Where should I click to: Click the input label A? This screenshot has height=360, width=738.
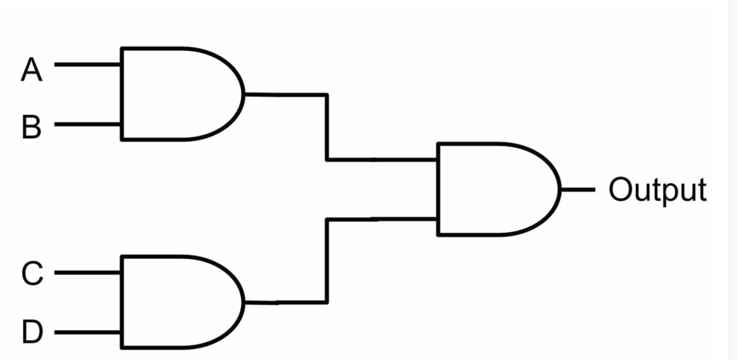pyautogui.click(x=32, y=71)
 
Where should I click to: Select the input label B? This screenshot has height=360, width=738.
pyautogui.click(x=32, y=127)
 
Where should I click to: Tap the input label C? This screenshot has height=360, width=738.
pyautogui.click(x=32, y=274)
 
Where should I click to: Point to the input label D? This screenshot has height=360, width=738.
pyautogui.click(x=32, y=333)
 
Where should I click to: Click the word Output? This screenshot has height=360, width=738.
pyautogui.click(x=657, y=191)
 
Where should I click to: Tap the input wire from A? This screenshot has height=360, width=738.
pyautogui.click(x=87, y=65)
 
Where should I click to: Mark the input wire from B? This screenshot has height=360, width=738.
pyautogui.click(x=87, y=124)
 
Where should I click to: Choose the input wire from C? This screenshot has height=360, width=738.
pyautogui.click(x=87, y=273)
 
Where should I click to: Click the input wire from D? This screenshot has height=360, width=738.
pyautogui.click(x=87, y=333)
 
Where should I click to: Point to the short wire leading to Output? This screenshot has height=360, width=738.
pyautogui.click(x=578, y=189)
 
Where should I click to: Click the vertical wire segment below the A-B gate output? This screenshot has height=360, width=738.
pyautogui.click(x=327, y=127)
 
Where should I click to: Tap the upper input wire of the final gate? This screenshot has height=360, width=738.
pyautogui.click(x=382, y=160)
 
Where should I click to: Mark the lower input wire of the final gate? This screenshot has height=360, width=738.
pyautogui.click(x=382, y=220)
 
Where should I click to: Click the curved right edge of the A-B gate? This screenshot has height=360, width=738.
pyautogui.click(x=242, y=94)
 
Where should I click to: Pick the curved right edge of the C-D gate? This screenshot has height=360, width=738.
pyautogui.click(x=242, y=302)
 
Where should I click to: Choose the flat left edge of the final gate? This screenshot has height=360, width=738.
pyautogui.click(x=438, y=189)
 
